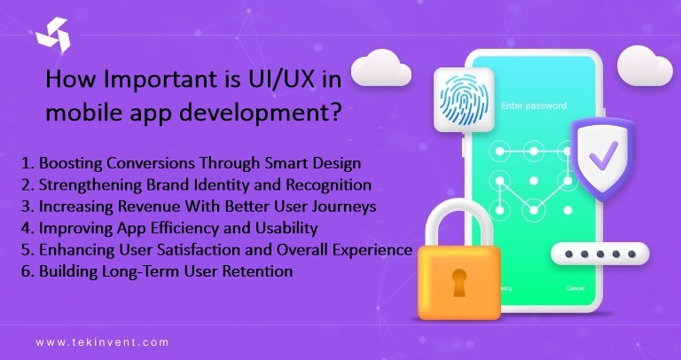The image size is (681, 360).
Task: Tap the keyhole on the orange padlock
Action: click(460, 282)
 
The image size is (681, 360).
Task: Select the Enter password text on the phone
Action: click(534, 106)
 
